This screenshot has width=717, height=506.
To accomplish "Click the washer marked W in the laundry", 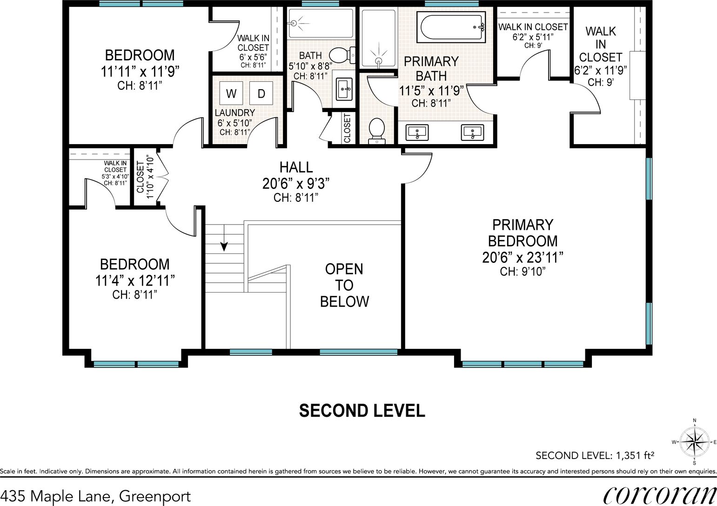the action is tap(231, 93).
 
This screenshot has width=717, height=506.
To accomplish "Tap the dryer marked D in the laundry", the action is tap(261, 93).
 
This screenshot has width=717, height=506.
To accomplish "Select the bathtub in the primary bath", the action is tap(451, 27).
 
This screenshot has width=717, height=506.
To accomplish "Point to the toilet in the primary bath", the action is tap(376, 131).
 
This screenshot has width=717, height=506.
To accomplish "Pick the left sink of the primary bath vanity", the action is tap(417, 133).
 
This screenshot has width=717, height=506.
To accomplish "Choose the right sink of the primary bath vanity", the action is tap(472, 133).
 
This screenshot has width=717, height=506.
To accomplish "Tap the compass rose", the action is tap(694, 442).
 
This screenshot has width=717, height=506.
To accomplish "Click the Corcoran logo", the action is tap(660, 495).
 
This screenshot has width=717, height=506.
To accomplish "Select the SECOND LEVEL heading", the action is tap(362, 411).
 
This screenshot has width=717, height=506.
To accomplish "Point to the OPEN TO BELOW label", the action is tap(344, 285).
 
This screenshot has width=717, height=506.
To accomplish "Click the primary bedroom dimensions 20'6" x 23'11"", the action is tap(523, 257).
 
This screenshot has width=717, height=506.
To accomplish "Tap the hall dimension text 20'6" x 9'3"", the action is tap(296, 184).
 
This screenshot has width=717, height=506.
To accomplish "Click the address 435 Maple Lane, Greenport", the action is tap(95, 496).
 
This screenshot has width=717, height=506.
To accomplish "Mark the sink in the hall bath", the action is tap(344, 89).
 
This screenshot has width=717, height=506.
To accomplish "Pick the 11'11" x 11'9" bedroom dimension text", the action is tap(140, 71).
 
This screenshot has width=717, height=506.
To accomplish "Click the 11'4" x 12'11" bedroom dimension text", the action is tap(135, 280).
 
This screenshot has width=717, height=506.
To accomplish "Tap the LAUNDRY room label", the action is tap(235, 113).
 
